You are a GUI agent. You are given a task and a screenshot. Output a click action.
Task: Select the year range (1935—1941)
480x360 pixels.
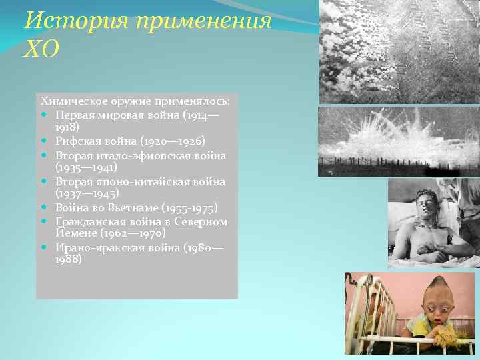(87, 168)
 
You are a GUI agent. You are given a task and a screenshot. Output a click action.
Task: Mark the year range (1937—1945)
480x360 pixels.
(87, 194)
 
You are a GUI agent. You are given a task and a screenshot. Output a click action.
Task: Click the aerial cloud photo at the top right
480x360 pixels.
(399, 51)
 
